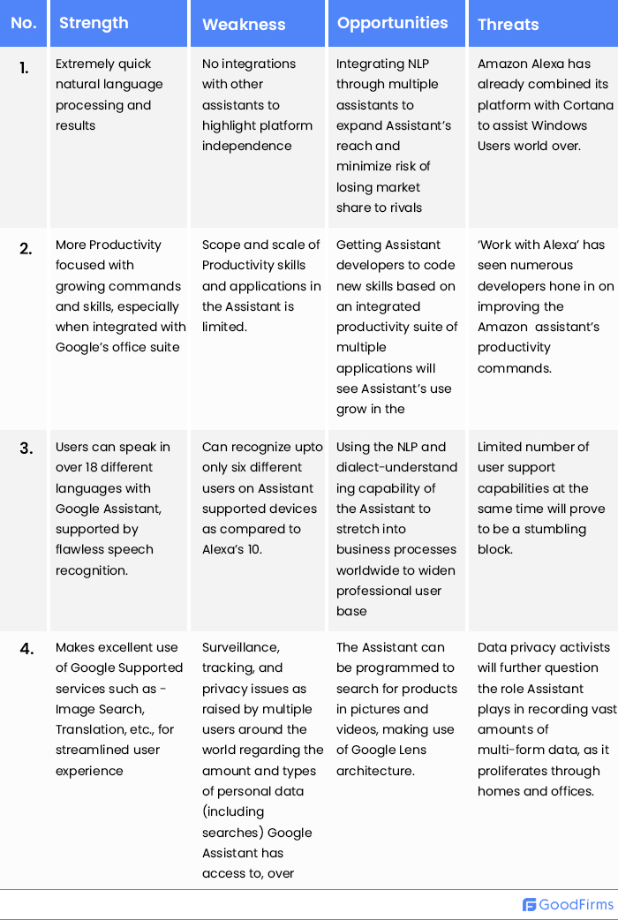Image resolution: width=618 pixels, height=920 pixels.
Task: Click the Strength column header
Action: [x=94, y=23]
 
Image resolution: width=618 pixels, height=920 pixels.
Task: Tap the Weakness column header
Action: [x=244, y=25]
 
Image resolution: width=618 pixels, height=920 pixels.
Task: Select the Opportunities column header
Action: [x=392, y=22]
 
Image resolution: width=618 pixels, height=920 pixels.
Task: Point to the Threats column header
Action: [x=508, y=25]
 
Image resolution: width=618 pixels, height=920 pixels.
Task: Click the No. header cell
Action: [x=24, y=23]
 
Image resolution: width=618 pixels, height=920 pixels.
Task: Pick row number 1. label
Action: [x=25, y=67]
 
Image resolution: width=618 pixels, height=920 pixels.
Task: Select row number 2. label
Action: [x=26, y=248]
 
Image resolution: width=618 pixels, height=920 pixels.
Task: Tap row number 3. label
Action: [x=26, y=449]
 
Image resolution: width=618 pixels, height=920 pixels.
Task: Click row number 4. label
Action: [x=26, y=649]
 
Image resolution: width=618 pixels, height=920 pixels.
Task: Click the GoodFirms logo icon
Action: [x=530, y=905]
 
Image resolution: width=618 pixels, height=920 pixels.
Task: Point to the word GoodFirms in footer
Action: [x=576, y=905]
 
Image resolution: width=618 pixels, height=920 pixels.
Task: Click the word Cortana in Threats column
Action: [x=587, y=105]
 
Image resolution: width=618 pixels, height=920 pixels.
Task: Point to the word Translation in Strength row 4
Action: [x=89, y=729]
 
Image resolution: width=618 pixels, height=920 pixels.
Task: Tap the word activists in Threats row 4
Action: [x=579, y=647]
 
